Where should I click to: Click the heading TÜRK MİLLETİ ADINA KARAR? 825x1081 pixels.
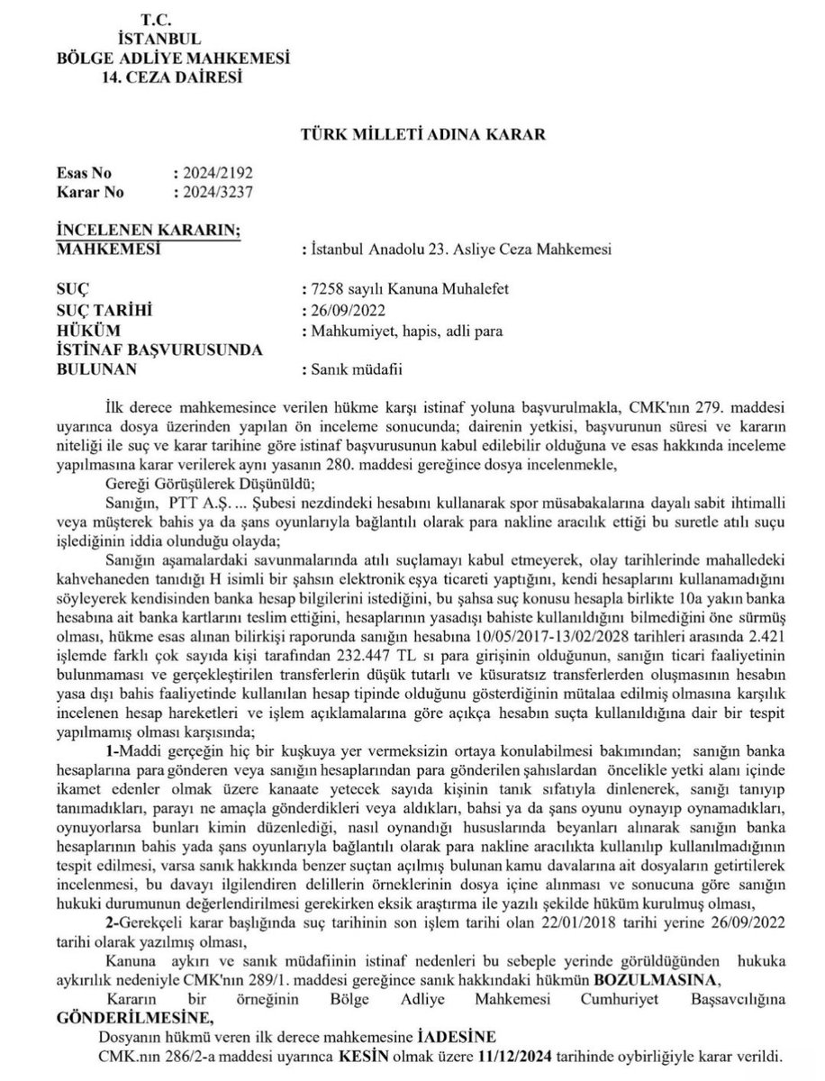422,134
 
